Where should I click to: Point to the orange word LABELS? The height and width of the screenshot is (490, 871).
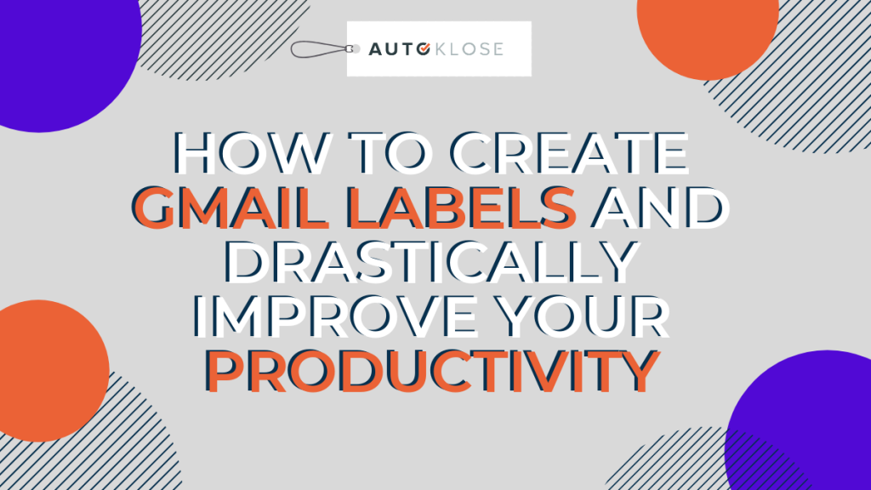coord(464,207)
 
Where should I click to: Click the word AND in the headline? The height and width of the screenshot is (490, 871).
coord(659,207)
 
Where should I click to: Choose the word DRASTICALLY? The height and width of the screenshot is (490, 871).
coord(431,261)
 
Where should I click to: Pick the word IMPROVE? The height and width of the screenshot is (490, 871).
coord(334,316)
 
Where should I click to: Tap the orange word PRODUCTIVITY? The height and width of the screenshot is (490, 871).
coord(433,371)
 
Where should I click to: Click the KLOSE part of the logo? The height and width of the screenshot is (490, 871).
coord(470,48)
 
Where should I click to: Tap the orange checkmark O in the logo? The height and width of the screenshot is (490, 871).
coord(424,48)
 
